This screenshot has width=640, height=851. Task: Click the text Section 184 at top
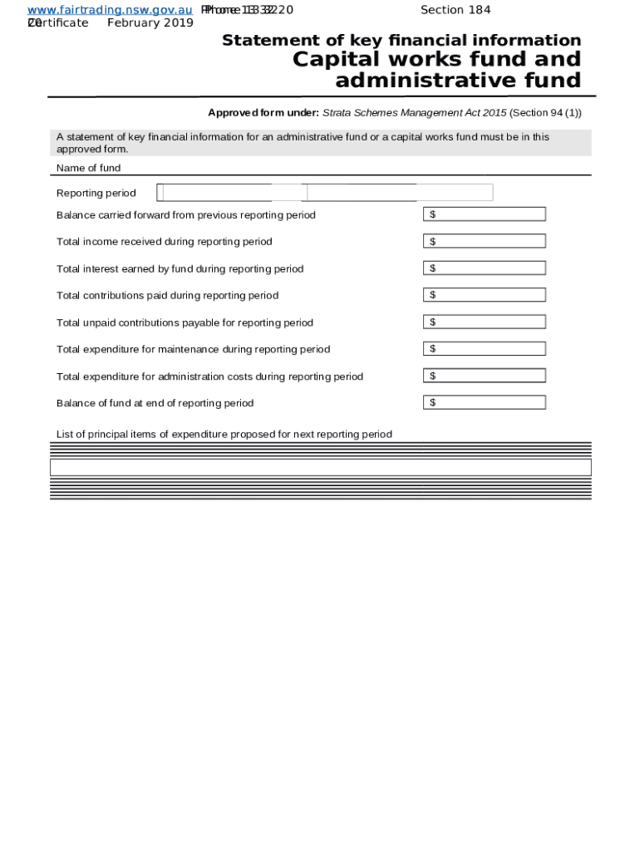(455, 10)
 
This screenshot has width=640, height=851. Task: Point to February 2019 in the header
(150, 22)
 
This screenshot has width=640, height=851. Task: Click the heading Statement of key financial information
(401, 41)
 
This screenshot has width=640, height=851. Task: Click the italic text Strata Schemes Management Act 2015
(414, 113)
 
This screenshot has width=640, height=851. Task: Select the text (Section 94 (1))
(545, 113)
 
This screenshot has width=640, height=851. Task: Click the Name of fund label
(88, 168)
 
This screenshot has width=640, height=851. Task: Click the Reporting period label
(96, 194)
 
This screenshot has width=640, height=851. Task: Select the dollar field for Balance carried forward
(485, 214)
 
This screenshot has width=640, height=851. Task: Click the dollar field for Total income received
(485, 241)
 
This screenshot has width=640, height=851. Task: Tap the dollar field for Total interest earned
(485, 268)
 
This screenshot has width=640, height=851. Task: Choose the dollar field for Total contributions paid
(485, 295)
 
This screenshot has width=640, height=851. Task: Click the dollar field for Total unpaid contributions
(485, 322)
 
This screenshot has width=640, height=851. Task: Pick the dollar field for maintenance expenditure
(485, 349)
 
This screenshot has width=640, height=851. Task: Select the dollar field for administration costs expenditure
(485, 376)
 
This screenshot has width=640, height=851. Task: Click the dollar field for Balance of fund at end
(485, 403)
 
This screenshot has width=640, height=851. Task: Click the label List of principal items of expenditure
(224, 434)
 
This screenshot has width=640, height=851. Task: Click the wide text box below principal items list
(320, 467)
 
